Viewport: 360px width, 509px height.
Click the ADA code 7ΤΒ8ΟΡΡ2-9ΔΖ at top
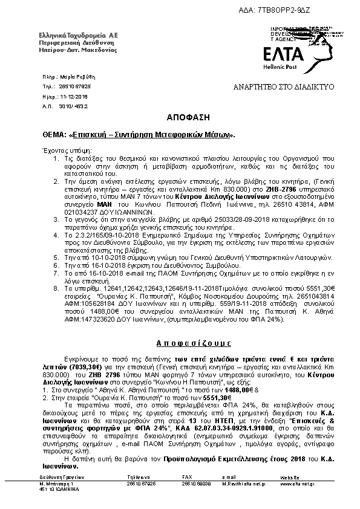[318, 10]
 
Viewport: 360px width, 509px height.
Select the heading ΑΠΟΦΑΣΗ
[180, 115]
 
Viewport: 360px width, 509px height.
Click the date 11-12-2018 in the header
[74, 96]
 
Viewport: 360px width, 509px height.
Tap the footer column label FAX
[188, 478]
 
